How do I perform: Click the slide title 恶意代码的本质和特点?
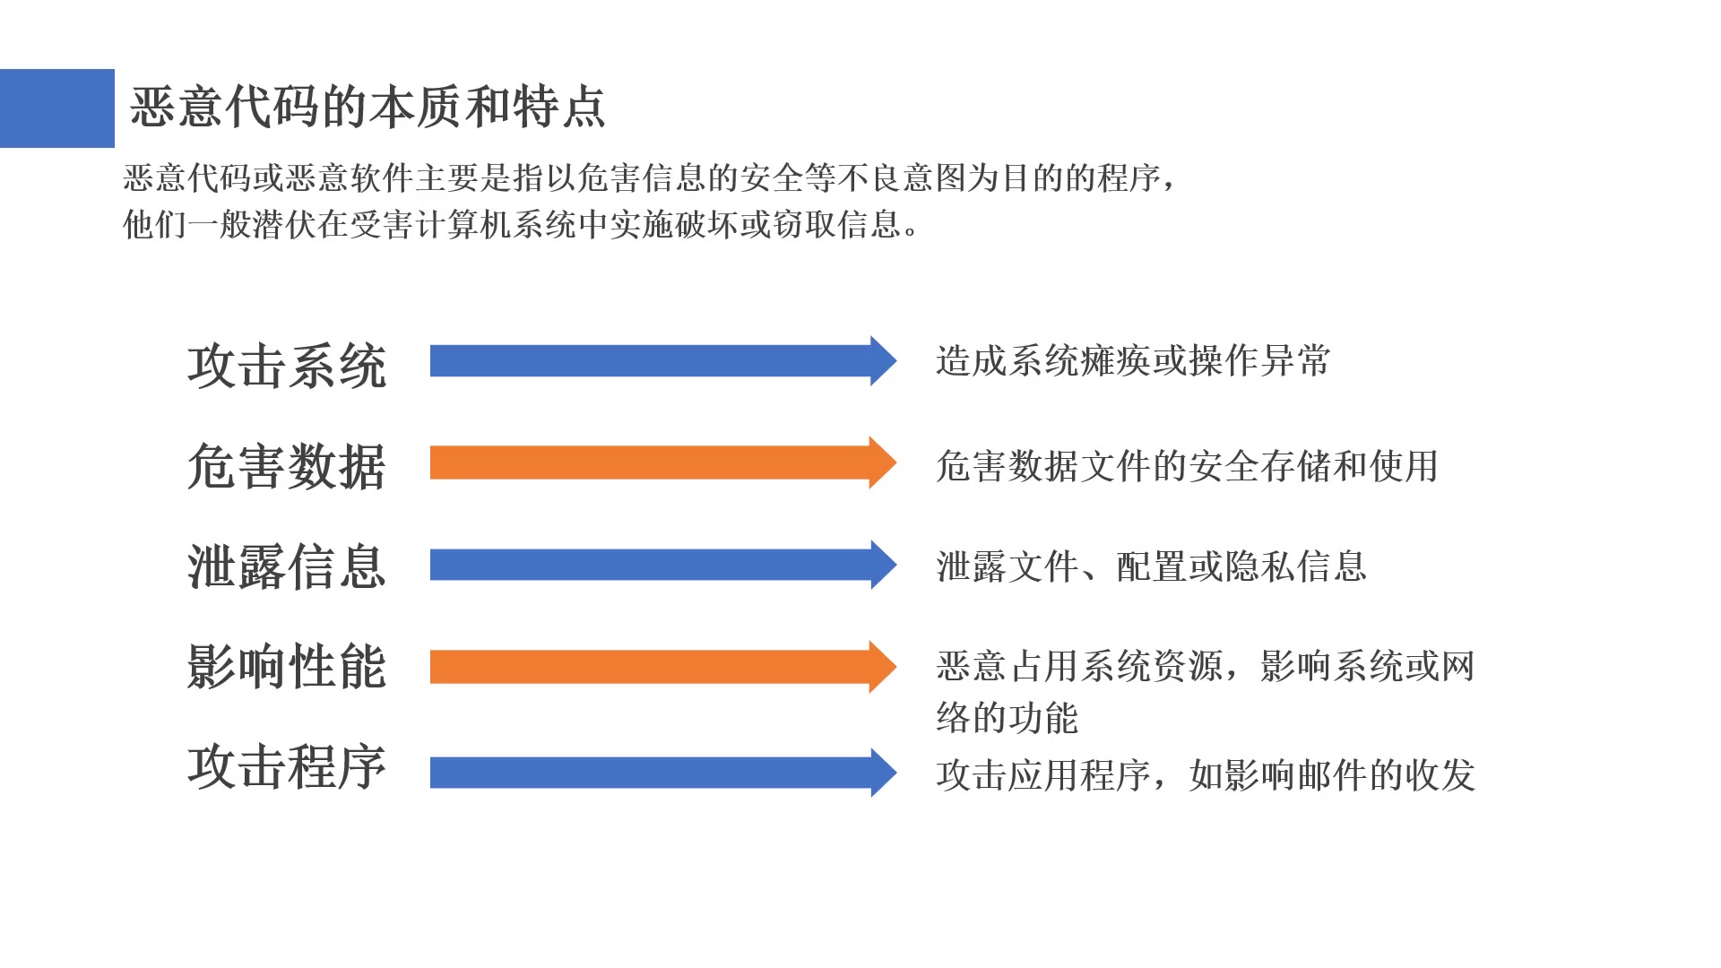[368, 108]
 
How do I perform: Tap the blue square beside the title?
[57, 108]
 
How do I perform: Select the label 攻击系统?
[287, 366]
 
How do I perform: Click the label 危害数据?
[287, 466]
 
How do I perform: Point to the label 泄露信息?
[287, 566]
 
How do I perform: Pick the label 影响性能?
[287, 667]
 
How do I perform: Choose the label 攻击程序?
[287, 767]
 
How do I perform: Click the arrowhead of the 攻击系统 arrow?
[882, 361]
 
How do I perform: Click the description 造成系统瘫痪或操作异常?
[1133, 361]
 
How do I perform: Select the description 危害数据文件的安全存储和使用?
[1187, 466]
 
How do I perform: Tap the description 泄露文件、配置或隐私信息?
[1151, 566]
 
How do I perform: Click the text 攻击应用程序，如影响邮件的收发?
[1206, 775]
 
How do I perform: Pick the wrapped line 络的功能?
[1007, 718]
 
